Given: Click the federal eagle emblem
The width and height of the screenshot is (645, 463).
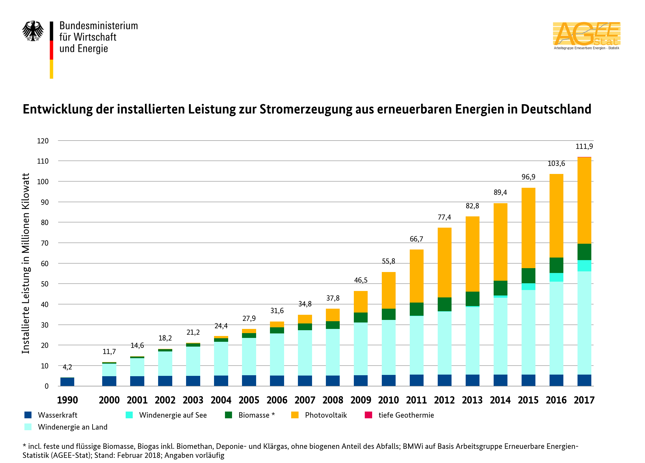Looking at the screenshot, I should [x=33, y=31].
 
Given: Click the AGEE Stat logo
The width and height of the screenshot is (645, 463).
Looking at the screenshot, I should [x=587, y=35].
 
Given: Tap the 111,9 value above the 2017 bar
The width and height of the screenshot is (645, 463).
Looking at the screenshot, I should [x=584, y=147].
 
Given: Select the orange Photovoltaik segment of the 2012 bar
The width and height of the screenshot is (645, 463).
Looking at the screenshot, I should [x=444, y=262].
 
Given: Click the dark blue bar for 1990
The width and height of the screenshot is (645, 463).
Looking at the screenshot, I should [x=67, y=382].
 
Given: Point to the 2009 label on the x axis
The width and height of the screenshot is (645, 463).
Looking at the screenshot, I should [x=361, y=400].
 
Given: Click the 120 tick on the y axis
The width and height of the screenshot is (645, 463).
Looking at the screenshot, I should [x=43, y=141].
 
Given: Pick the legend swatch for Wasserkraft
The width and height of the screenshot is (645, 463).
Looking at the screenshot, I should [x=28, y=415].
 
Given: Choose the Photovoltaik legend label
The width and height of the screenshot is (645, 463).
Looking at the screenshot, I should [x=326, y=415].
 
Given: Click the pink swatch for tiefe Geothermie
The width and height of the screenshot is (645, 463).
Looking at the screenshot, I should [x=368, y=415].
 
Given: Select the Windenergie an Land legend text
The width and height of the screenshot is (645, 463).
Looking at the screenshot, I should [x=73, y=427].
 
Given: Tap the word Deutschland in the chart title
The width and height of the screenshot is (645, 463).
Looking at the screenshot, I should [x=556, y=109].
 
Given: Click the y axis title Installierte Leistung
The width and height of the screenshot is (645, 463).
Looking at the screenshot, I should [x=26, y=263].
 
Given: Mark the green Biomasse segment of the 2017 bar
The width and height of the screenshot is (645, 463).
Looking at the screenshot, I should [x=584, y=252].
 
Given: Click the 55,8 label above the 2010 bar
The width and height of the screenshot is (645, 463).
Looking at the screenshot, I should [x=388, y=261].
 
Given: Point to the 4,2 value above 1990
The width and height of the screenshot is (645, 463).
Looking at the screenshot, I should [x=67, y=367].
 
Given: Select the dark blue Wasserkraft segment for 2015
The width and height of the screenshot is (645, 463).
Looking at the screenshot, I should [x=528, y=380].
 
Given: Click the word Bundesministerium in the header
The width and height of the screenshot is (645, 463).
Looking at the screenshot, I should [x=99, y=26].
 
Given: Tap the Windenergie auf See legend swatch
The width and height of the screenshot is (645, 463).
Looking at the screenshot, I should [x=129, y=415].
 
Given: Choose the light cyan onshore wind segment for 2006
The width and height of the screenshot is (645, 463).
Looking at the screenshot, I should [x=277, y=354].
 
